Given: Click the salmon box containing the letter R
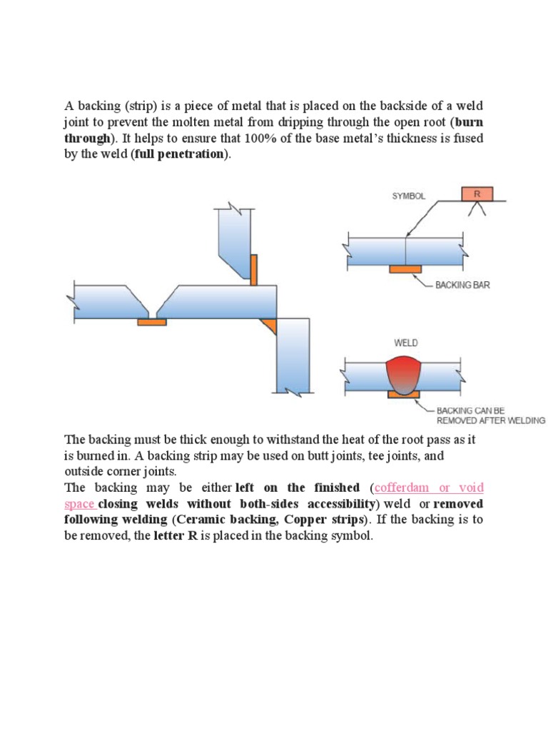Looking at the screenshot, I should pyautogui.click(x=477, y=193).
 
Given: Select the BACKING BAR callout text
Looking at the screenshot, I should pyautogui.click(x=462, y=285).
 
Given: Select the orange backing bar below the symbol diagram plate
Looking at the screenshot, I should pyautogui.click(x=405, y=268).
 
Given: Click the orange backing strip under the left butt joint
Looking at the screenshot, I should pyautogui.click(x=151, y=322).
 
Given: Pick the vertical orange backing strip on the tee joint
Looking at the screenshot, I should pyautogui.click(x=253, y=268).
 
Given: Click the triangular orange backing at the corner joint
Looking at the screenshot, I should pyautogui.click(x=270, y=326).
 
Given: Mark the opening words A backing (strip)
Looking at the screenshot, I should pyautogui.click(x=106, y=106).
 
